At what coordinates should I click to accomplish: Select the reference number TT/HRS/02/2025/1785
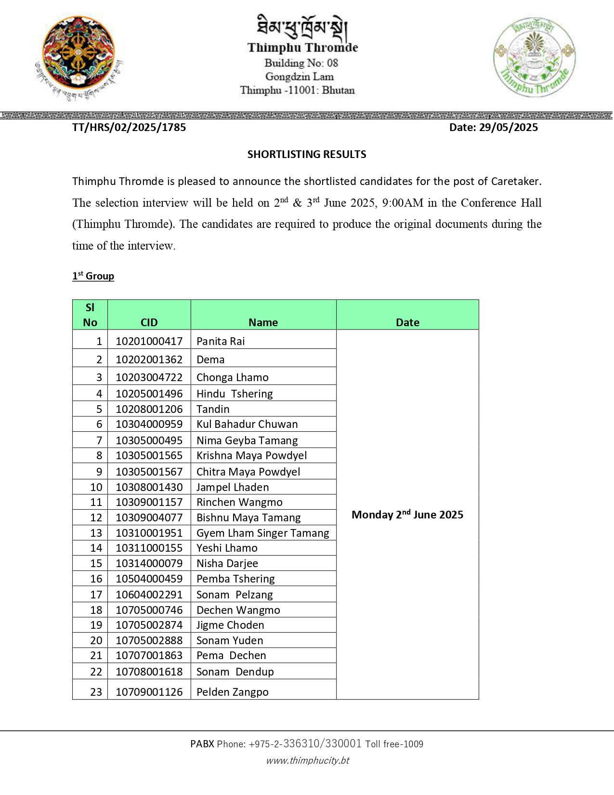(129, 127)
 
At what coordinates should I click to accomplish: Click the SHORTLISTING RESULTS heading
(307, 154)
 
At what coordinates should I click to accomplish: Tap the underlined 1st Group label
(93, 276)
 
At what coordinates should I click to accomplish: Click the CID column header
(149, 322)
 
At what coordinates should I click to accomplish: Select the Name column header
(263, 322)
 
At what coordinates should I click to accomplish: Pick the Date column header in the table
(407, 322)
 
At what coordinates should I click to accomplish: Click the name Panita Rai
(221, 341)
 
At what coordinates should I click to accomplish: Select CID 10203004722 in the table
(149, 377)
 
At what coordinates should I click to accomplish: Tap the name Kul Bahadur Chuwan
(247, 424)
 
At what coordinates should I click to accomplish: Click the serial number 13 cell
(96, 533)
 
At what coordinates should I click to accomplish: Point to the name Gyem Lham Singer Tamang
(263, 533)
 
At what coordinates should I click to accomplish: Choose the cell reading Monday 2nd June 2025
(407, 515)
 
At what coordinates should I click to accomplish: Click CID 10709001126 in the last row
(149, 692)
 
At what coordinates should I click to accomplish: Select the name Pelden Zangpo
(233, 692)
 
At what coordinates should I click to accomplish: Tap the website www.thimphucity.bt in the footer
(308, 760)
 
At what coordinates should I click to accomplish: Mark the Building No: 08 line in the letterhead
(301, 63)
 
